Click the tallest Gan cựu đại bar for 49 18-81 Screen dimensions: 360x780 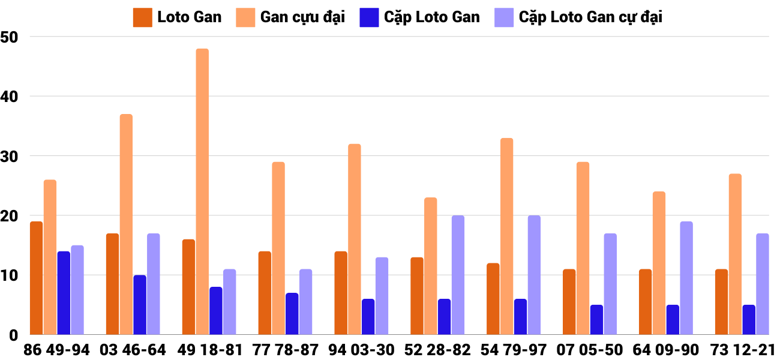tap(202, 191)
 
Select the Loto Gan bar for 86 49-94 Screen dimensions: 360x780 tap(37, 278)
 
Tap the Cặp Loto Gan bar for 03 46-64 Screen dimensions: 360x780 tap(140, 305)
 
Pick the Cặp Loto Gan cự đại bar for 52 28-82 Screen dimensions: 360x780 tap(458, 275)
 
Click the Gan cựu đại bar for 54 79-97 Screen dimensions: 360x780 tap(506, 236)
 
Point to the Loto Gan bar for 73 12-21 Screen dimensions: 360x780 tap(721, 302)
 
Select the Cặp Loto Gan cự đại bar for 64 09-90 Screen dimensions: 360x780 tap(686, 278)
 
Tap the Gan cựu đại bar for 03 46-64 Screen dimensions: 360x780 tap(126, 224)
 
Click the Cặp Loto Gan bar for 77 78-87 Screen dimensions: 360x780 tap(292, 314)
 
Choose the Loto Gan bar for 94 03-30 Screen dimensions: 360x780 tap(341, 293)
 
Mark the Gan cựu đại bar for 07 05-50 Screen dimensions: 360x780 tap(583, 248)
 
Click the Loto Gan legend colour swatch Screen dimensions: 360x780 tap(142, 17)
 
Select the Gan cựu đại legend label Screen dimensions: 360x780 tap(302, 17)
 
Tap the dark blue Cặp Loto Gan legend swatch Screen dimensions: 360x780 tap(368, 17)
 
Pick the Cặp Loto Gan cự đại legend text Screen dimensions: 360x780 tap(590, 17)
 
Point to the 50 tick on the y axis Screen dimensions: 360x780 tap(11, 37)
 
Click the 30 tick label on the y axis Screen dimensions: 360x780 tap(11, 156)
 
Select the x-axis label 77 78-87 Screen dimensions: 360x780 tap(285, 350)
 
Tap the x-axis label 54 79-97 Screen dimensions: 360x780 tap(514, 350)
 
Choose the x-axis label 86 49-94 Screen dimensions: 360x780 tap(56, 350)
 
